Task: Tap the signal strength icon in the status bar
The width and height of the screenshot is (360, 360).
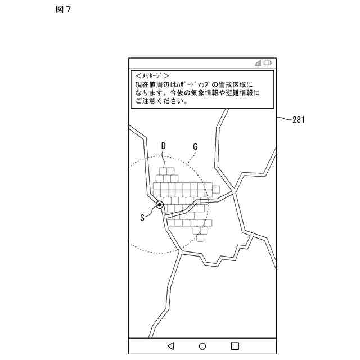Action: [258, 63]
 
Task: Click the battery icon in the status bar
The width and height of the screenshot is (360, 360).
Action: [268, 63]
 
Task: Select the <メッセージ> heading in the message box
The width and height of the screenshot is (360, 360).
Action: [152, 75]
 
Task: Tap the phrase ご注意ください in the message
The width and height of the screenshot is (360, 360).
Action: [161, 102]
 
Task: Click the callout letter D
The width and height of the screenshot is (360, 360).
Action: [164, 146]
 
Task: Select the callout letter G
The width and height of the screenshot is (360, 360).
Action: [195, 146]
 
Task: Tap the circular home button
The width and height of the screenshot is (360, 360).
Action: [202, 346]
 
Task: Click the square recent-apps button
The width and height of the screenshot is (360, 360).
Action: [235, 346]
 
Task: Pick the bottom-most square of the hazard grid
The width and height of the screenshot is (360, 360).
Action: [201, 238]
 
